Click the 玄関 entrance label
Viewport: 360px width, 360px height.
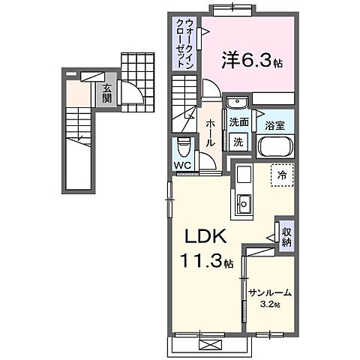108,93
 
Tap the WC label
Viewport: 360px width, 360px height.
183,163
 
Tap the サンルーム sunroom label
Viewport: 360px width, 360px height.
271,293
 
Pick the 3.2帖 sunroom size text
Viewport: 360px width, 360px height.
271,304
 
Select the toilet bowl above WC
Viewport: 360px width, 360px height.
184,146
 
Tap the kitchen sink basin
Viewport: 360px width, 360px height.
244,202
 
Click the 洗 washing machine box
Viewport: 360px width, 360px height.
238,141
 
